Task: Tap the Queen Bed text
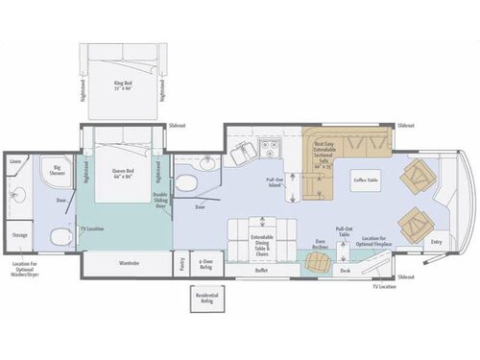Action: [124, 174]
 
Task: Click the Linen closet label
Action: [14, 161]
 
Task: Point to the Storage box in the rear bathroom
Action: [19, 233]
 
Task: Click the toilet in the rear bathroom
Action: [60, 234]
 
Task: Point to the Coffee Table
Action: [366, 179]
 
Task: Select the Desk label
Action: [344, 271]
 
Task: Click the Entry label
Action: [438, 242]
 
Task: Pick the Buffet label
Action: [261, 271]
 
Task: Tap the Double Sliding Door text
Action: [160, 199]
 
